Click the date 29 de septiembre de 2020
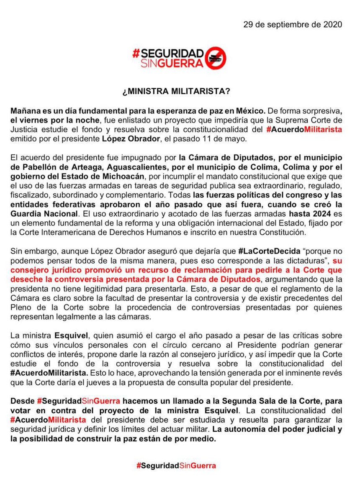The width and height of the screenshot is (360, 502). [x=293, y=24]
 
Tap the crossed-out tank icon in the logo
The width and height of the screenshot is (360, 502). [x=217, y=57]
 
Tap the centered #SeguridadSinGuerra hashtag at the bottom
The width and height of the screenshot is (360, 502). [x=176, y=466]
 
